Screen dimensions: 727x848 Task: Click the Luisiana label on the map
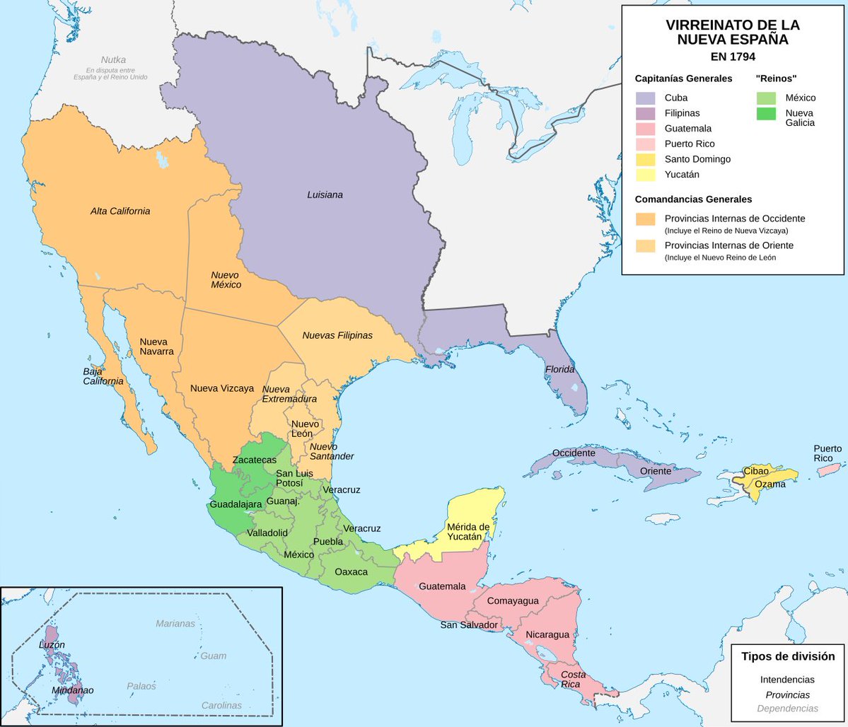click(x=325, y=194)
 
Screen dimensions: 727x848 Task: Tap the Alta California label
click(x=120, y=211)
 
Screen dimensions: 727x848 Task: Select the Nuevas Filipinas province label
click(x=337, y=335)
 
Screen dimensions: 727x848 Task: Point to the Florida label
click(x=559, y=370)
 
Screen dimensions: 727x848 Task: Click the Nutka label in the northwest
click(x=113, y=60)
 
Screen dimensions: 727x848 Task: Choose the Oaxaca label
click(x=351, y=571)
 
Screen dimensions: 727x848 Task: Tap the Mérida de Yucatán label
click(x=468, y=532)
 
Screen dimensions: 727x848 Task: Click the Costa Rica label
click(x=573, y=680)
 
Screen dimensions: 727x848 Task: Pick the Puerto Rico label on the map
click(x=827, y=453)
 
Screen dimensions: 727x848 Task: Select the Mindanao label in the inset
click(x=72, y=690)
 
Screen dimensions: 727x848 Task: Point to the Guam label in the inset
click(x=213, y=656)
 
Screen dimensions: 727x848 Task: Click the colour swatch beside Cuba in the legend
click(x=645, y=98)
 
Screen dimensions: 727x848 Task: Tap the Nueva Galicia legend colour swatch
click(x=765, y=113)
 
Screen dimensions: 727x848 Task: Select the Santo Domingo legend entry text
click(x=697, y=159)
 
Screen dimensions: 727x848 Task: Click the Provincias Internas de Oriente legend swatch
click(x=645, y=246)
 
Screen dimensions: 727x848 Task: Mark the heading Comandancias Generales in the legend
click(x=693, y=199)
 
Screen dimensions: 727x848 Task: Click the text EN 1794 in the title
click(x=732, y=57)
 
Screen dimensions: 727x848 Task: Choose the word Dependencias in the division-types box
click(x=787, y=708)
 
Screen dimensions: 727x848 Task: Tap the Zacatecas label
click(x=255, y=460)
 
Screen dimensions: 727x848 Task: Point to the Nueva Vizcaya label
click(x=222, y=388)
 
